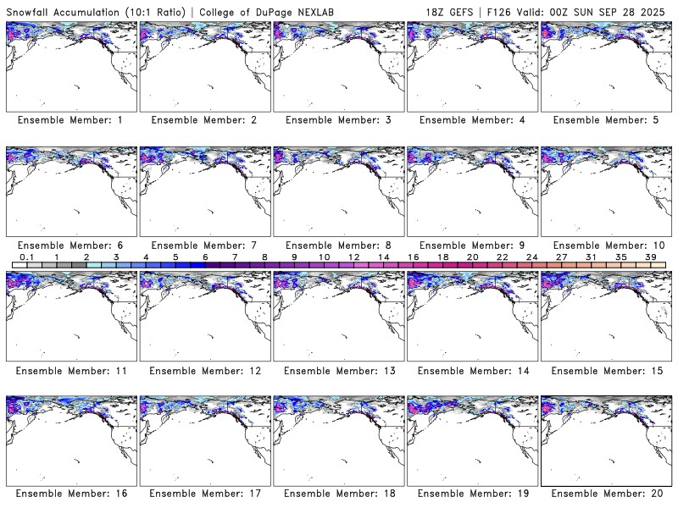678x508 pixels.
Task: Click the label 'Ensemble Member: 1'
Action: tap(69, 120)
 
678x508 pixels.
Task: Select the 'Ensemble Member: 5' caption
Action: tap(605, 120)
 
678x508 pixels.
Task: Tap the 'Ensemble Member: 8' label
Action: tap(337, 246)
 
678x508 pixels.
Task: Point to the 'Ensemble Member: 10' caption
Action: tap(605, 246)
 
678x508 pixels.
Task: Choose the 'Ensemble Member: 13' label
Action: tap(337, 371)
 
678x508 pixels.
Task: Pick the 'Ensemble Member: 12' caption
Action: tap(203, 371)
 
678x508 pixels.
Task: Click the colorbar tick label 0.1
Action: tap(26, 257)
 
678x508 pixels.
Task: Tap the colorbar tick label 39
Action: tap(650, 257)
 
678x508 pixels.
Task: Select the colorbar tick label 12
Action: tap(353, 257)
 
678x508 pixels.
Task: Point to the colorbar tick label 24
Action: tap(531, 257)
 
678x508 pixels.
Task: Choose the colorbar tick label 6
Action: tap(205, 257)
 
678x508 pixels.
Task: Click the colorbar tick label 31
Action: tap(591, 257)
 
